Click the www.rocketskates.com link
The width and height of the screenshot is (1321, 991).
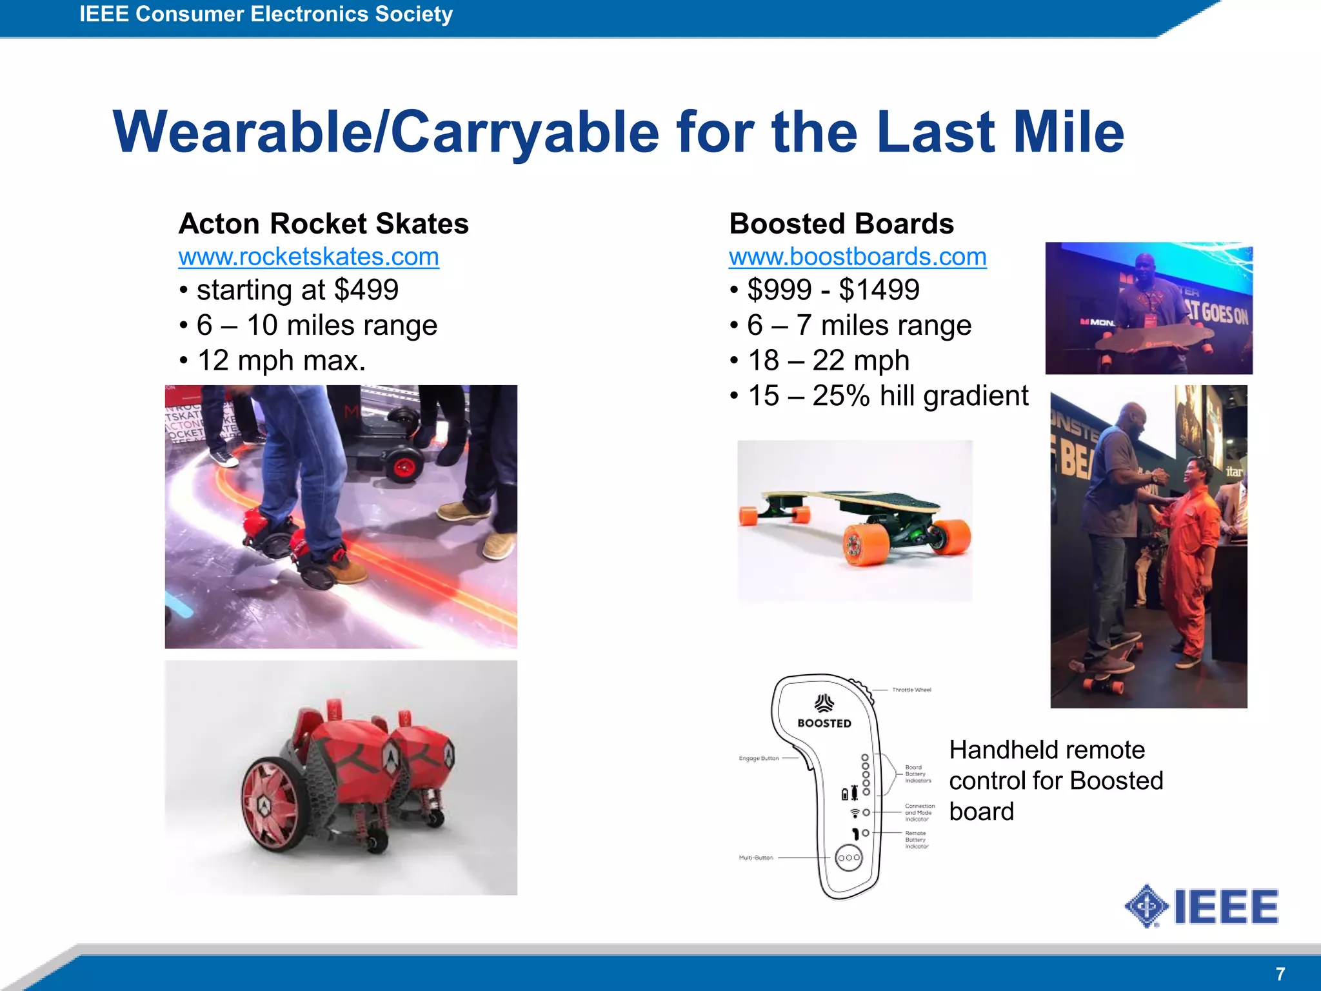(308, 257)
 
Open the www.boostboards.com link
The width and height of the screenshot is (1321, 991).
(857, 257)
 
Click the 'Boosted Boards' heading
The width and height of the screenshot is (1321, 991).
(841, 224)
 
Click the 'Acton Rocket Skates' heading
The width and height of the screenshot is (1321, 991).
(323, 224)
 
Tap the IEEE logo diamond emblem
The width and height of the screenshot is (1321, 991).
(1146, 906)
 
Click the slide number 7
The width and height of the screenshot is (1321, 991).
(1280, 974)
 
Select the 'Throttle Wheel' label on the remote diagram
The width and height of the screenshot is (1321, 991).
(911, 690)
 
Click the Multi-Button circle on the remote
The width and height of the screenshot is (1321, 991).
(848, 857)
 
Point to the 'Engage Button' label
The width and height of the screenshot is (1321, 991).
(759, 758)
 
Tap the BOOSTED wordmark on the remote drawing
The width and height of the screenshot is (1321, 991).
(824, 723)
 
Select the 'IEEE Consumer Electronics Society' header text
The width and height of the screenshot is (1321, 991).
(266, 14)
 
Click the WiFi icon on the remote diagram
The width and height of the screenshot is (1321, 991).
(855, 812)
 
